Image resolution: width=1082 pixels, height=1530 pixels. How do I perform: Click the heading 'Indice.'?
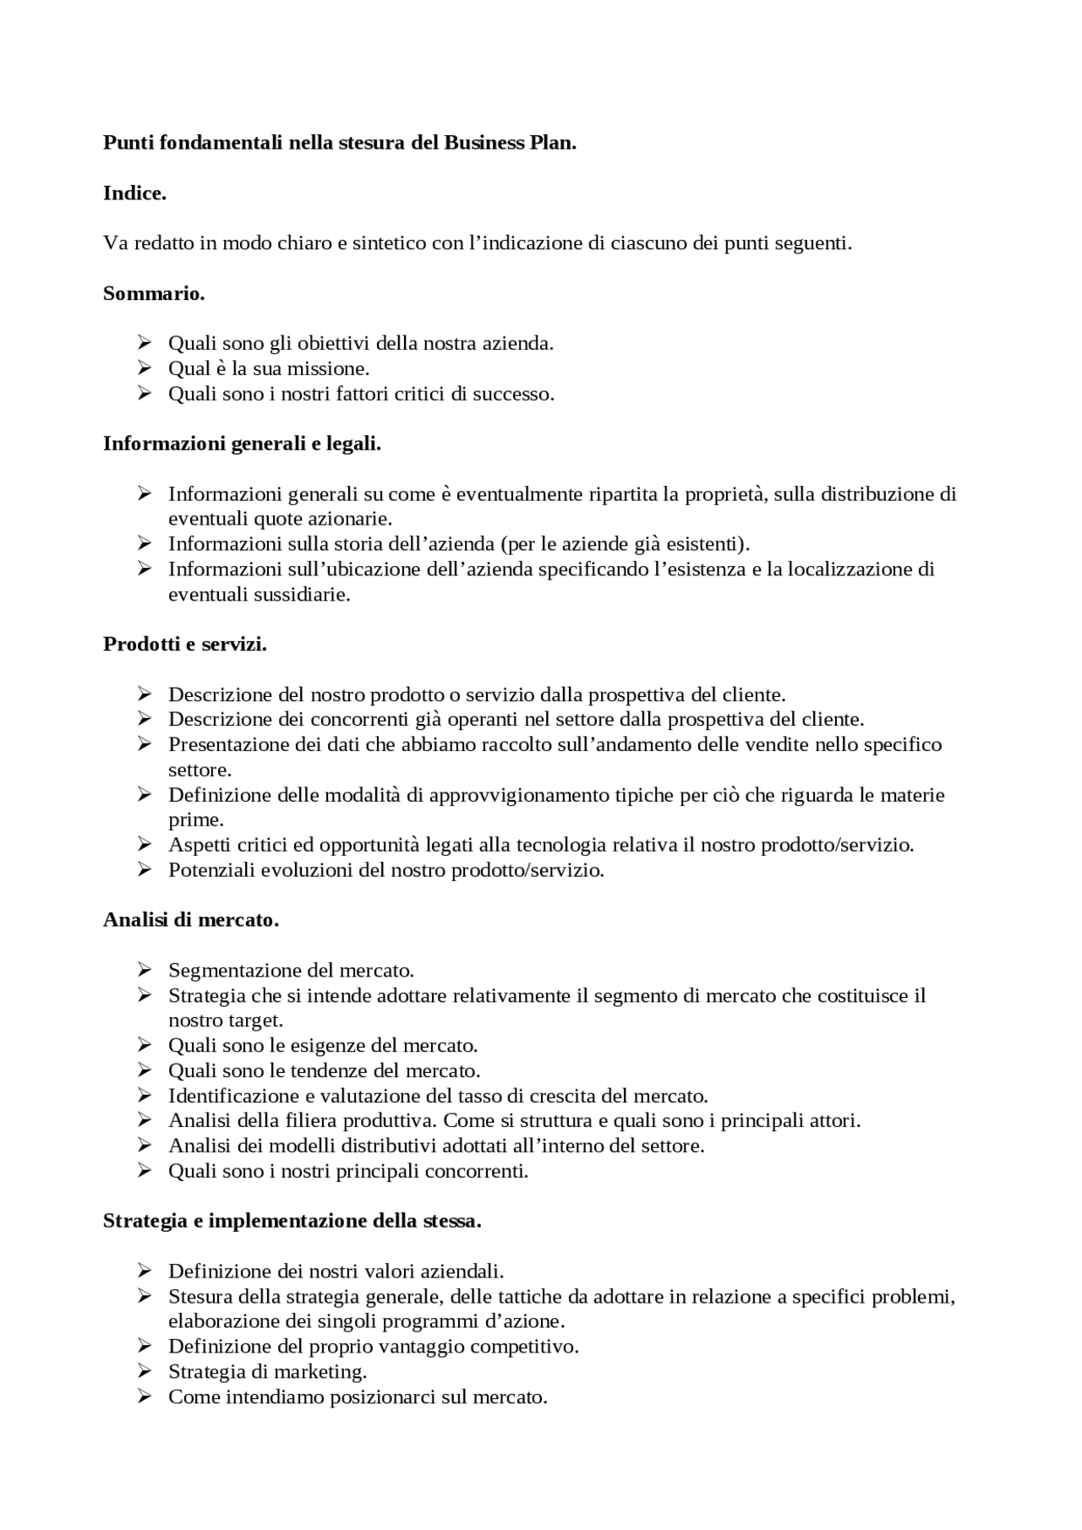tap(134, 193)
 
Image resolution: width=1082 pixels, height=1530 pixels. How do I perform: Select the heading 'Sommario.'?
tap(154, 294)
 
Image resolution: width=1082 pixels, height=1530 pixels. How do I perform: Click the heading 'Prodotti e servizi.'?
tap(185, 645)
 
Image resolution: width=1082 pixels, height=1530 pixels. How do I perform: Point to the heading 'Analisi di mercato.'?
tap(191, 920)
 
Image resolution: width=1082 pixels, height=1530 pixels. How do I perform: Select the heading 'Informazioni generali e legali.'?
tap(242, 444)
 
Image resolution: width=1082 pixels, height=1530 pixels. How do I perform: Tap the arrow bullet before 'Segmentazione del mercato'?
tap(144, 970)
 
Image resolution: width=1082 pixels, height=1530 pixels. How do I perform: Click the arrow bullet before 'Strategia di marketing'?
tap(144, 1371)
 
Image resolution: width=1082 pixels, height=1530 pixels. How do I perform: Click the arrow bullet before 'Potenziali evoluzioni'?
tap(144, 870)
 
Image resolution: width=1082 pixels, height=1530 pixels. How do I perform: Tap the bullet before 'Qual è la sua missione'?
tap(144, 369)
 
